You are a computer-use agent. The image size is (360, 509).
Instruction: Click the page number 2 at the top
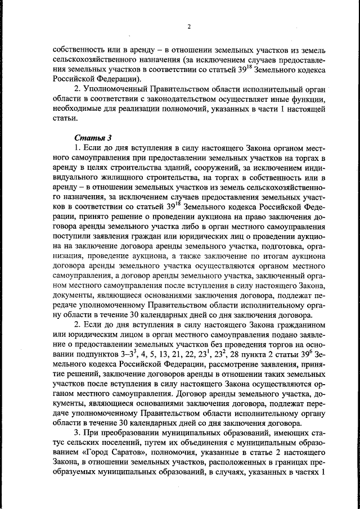189,26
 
